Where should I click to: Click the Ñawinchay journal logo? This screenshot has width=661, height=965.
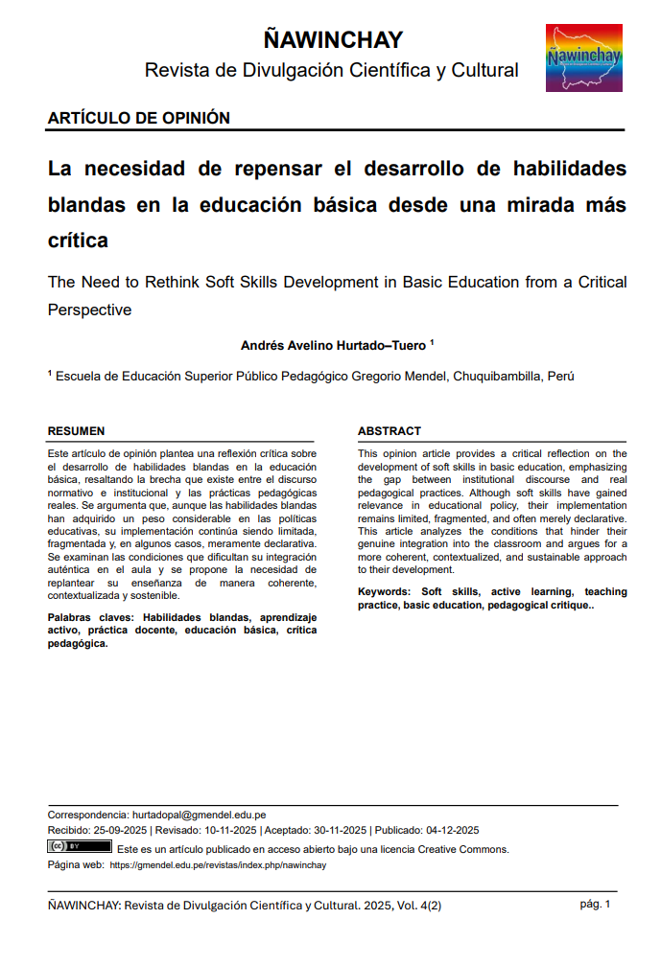coord(583,58)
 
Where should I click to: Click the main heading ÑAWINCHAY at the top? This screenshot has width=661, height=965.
coord(332,39)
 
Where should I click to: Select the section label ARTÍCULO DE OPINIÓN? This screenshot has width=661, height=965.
coord(139,118)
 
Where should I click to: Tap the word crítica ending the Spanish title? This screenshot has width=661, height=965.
coord(78,241)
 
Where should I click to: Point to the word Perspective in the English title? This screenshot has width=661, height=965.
coord(89,310)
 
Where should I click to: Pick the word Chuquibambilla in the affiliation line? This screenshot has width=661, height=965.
coord(496,377)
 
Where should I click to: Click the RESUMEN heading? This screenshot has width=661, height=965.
coord(77,431)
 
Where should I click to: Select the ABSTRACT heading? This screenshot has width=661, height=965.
coord(390,431)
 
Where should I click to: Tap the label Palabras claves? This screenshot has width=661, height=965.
coord(93,618)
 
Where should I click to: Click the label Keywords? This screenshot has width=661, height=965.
coord(387,592)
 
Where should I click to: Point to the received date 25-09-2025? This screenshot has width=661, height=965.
coord(120,830)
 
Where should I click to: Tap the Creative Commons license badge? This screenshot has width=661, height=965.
coord(80,847)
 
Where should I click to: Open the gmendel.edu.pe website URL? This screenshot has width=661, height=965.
coord(218,864)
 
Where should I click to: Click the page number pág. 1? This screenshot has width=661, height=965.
coord(595,904)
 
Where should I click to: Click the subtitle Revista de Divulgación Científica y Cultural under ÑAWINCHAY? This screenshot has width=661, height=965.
coord(332,70)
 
